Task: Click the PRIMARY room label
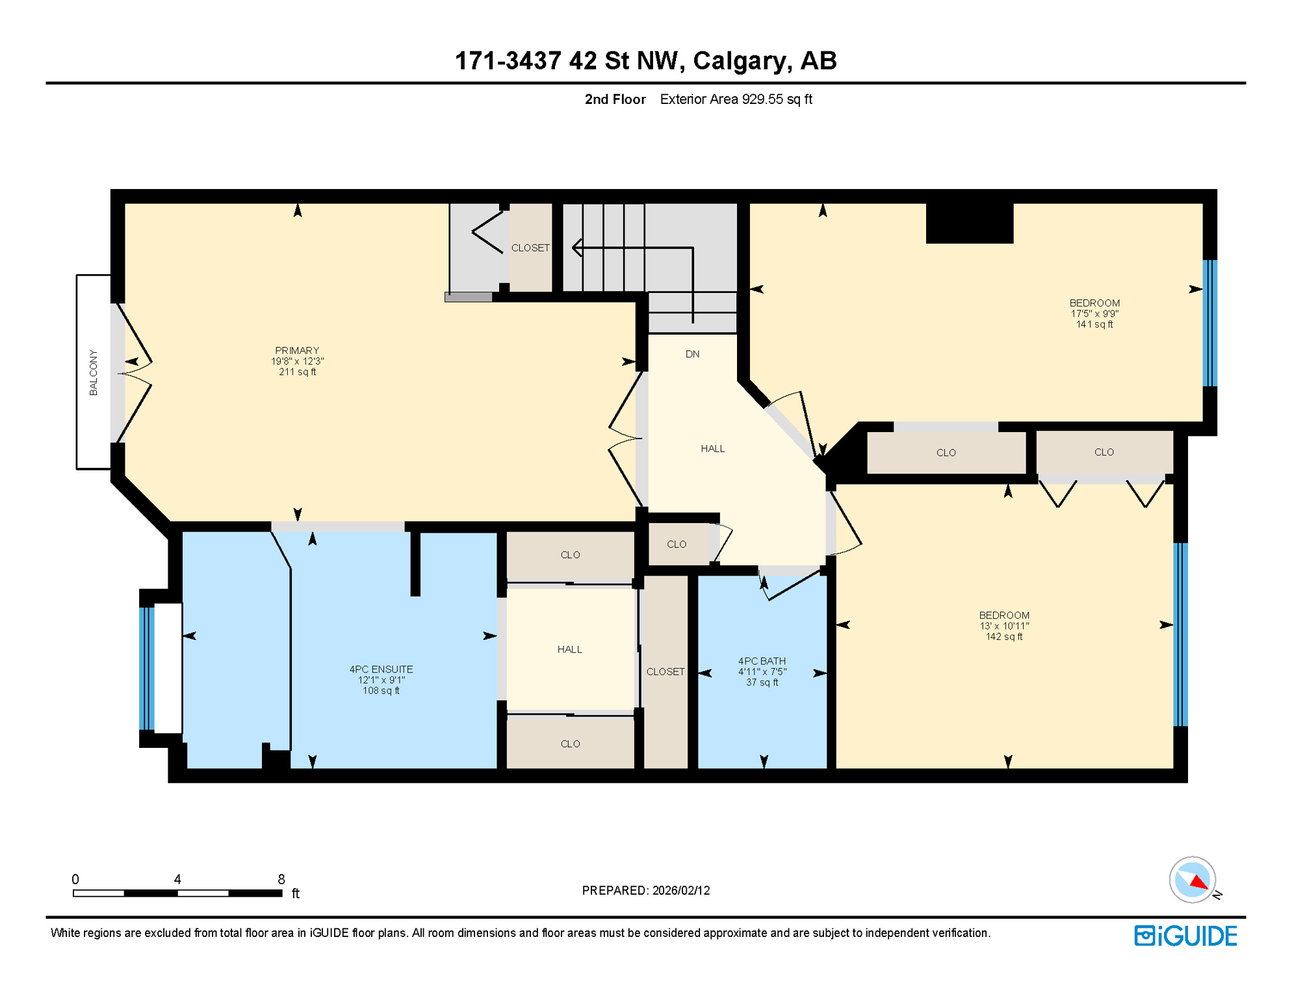click(297, 351)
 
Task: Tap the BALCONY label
click(94, 372)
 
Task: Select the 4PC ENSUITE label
click(381, 669)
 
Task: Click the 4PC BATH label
click(762, 661)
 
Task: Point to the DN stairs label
click(692, 354)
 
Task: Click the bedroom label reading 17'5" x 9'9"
click(1094, 313)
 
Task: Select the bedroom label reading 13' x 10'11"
click(1004, 626)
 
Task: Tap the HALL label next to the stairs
click(712, 449)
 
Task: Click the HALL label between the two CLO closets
click(569, 650)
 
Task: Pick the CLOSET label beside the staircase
click(530, 248)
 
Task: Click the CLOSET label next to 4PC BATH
click(665, 672)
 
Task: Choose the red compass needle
click(1199, 882)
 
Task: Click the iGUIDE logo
click(1185, 936)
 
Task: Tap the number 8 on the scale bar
click(281, 879)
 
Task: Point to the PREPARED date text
click(645, 890)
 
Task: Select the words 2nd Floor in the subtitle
click(615, 99)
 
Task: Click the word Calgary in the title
click(742, 60)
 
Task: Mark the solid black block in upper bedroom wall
click(969, 223)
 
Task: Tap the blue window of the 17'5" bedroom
click(1209, 323)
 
